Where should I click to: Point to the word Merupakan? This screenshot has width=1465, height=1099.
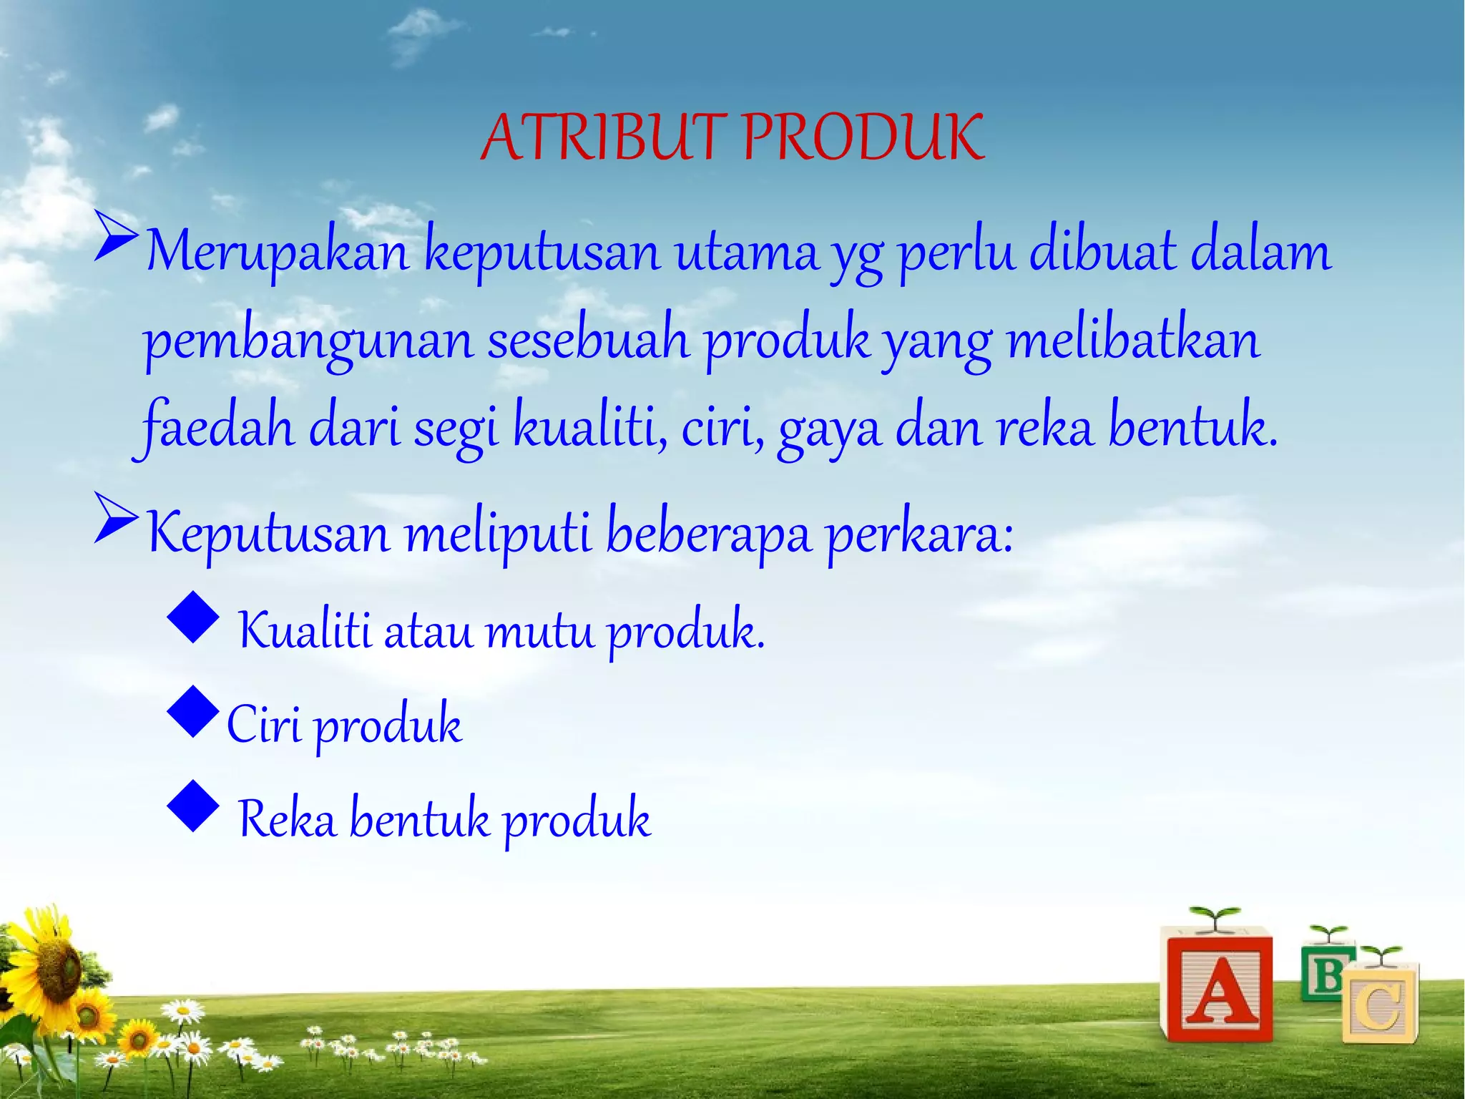click(277, 253)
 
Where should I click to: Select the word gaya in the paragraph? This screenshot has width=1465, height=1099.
click(829, 431)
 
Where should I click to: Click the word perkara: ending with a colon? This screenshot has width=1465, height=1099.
click(920, 536)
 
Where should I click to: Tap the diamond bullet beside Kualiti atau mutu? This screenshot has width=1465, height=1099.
click(193, 616)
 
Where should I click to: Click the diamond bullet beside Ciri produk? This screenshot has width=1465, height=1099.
click(193, 711)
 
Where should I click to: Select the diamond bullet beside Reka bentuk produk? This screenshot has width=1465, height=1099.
click(193, 806)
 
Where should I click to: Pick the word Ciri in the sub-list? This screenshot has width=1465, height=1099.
click(263, 724)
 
